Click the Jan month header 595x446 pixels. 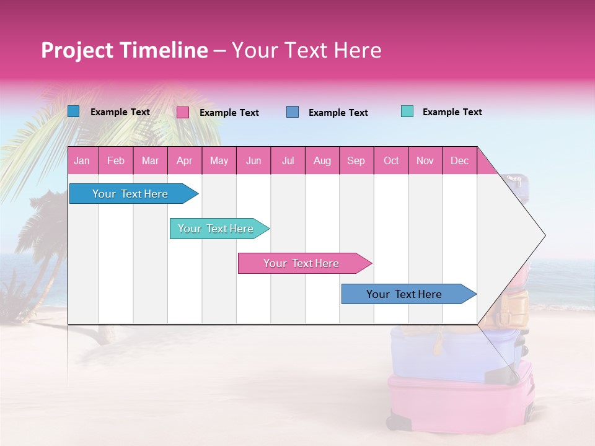[x=82, y=160]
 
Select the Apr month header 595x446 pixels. [x=184, y=160]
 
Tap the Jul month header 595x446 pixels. [x=288, y=160]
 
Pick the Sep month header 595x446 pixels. [x=356, y=160]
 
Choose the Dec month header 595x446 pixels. [x=459, y=160]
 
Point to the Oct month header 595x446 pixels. [x=391, y=160]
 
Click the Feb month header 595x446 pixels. [x=116, y=160]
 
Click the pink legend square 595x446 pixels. [x=183, y=112]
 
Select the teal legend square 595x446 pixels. [x=407, y=111]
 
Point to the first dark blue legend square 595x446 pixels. [x=74, y=111]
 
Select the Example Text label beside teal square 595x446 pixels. [x=452, y=112]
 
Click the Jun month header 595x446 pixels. [x=253, y=160]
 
